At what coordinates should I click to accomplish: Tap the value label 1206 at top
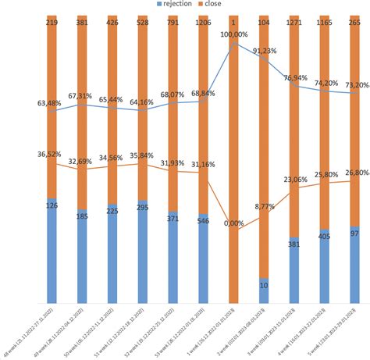click(203, 23)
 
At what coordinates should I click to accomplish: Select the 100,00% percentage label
click(235, 35)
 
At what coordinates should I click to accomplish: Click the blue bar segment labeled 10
click(264, 290)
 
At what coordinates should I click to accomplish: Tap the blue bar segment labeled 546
click(203, 258)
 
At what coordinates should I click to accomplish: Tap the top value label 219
click(52, 23)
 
